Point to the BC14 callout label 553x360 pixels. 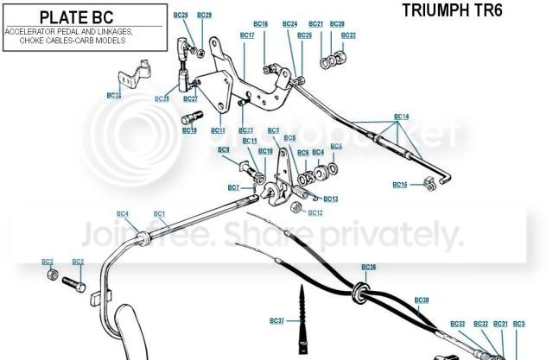pyautogui.click(x=401, y=116)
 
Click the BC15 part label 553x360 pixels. pyautogui.click(x=399, y=184)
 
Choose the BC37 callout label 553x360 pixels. pyautogui.click(x=276, y=321)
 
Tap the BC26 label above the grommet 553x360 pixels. pyautogui.click(x=369, y=267)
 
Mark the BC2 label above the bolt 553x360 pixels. pyautogui.click(x=78, y=262)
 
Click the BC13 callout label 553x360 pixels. pyautogui.click(x=331, y=199)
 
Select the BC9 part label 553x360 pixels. pyautogui.click(x=224, y=150)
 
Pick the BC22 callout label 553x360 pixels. pyautogui.click(x=348, y=35)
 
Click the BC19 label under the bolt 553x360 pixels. pyautogui.click(x=189, y=130)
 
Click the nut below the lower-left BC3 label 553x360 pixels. pyautogui.click(x=51, y=276)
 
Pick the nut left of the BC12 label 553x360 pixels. pyautogui.click(x=296, y=207)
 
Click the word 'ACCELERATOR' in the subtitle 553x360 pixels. pyautogui.click(x=27, y=30)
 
